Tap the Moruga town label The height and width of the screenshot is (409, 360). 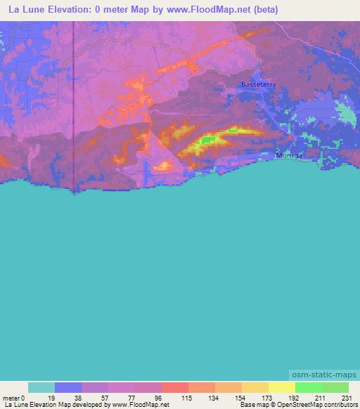289,155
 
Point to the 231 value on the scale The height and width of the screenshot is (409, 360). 348,397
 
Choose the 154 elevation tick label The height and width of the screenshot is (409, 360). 242,397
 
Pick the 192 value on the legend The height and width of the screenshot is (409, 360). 295,397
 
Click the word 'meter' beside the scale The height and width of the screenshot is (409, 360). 12,397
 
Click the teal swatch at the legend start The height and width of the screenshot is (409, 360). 41,387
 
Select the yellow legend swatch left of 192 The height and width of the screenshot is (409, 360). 281,387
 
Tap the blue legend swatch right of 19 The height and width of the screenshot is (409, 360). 68,387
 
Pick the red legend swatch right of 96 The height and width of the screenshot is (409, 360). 175,387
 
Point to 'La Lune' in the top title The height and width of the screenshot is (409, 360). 26,9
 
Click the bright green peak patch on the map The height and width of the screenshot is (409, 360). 207,140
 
